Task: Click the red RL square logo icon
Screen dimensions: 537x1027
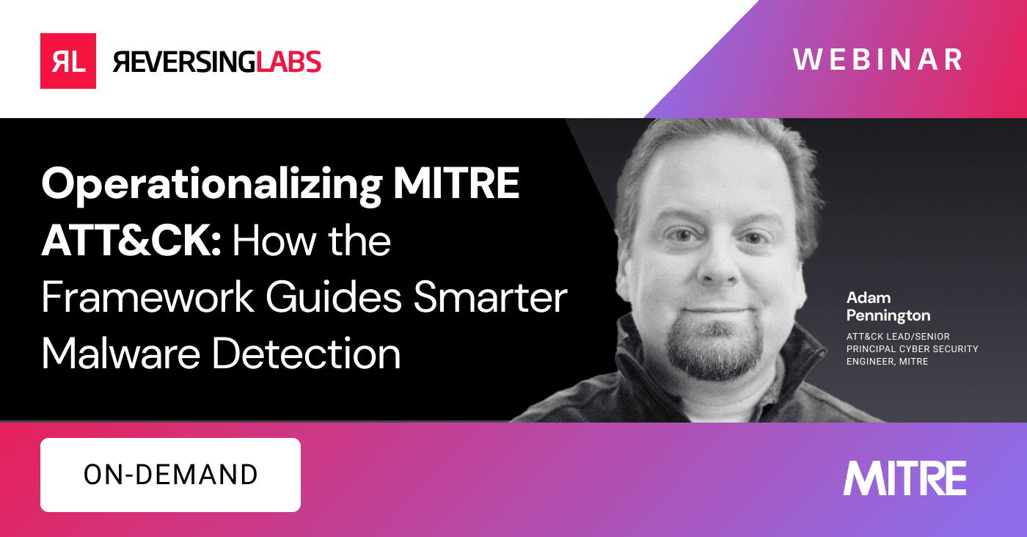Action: point(68,61)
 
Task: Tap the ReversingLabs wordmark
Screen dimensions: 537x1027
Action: point(217,62)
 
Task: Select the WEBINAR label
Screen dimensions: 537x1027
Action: point(877,59)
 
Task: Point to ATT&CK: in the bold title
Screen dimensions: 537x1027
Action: point(131,241)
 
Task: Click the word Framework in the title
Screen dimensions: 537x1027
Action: point(155,299)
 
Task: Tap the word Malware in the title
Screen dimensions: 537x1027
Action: point(120,354)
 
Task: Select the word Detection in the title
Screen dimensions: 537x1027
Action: point(307,354)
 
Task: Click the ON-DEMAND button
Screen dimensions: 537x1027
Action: point(170,475)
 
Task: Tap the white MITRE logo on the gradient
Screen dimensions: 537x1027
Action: point(904,478)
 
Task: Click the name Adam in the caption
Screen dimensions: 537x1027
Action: point(869,298)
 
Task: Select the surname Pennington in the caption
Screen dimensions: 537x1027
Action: point(888,315)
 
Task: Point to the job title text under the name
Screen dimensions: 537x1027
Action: point(913,348)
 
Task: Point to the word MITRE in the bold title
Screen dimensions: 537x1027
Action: point(456,184)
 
